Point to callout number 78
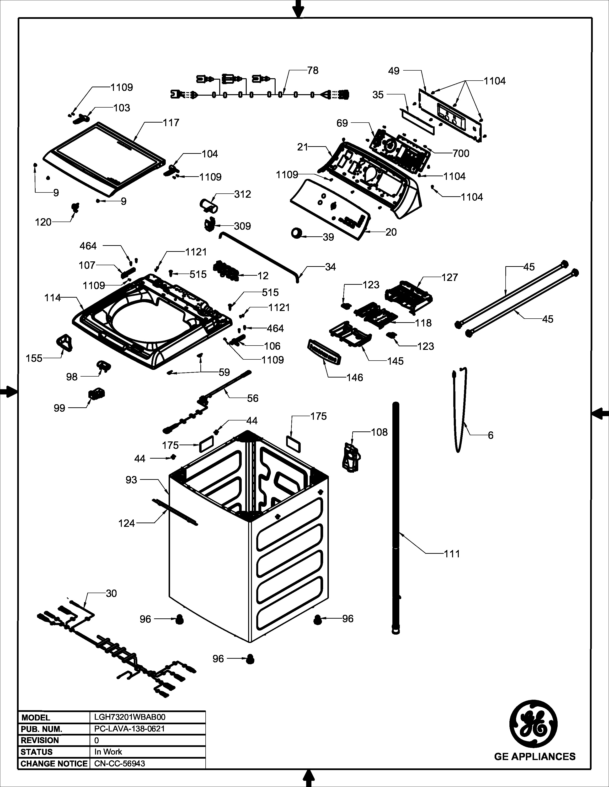313,71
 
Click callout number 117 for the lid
171,123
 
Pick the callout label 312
242,194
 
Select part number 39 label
328,237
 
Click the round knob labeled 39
297,233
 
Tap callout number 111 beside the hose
452,554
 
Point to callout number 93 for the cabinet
131,480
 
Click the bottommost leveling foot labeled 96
250,659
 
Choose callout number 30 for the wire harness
111,593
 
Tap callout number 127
449,277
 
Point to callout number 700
461,154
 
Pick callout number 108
379,432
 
